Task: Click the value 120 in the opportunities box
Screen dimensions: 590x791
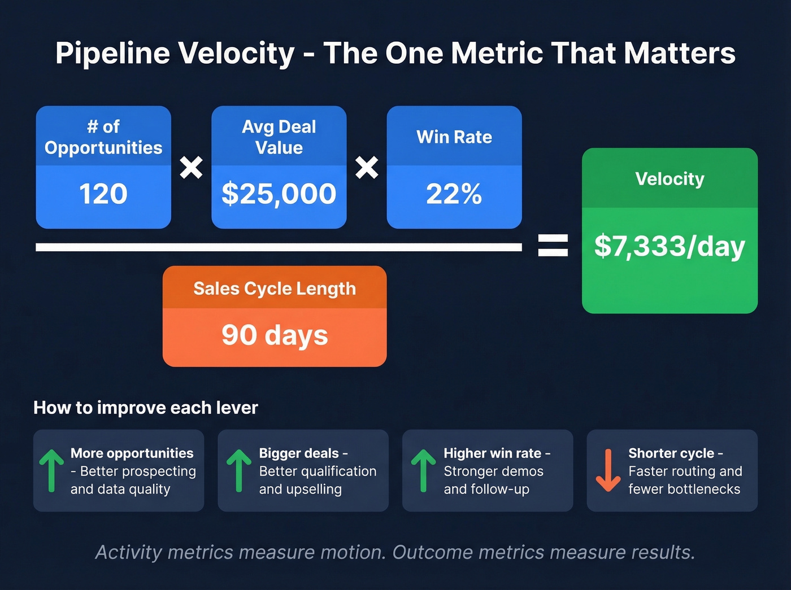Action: point(103,194)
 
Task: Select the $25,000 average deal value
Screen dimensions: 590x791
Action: point(279,194)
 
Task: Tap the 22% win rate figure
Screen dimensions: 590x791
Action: point(454,194)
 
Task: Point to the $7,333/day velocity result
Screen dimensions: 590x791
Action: point(670,247)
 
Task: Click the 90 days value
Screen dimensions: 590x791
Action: point(275,335)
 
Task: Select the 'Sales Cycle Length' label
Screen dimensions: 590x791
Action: point(275,289)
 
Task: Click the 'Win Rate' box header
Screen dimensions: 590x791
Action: point(454,137)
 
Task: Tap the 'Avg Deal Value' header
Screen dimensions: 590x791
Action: point(279,137)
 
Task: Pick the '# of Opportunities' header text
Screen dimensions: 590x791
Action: point(103,137)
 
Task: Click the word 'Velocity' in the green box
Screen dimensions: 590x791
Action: point(670,179)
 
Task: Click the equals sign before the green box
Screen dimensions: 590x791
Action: point(553,246)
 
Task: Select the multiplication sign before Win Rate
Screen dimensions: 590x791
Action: point(367,168)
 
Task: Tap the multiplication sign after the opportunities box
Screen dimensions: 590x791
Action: point(191,168)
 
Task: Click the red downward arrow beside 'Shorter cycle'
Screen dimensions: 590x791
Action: point(608,470)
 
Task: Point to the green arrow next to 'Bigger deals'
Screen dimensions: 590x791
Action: point(238,470)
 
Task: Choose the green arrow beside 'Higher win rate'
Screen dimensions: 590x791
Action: point(423,470)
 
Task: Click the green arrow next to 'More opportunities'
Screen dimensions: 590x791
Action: point(51,470)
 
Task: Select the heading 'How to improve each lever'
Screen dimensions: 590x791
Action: point(146,408)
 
